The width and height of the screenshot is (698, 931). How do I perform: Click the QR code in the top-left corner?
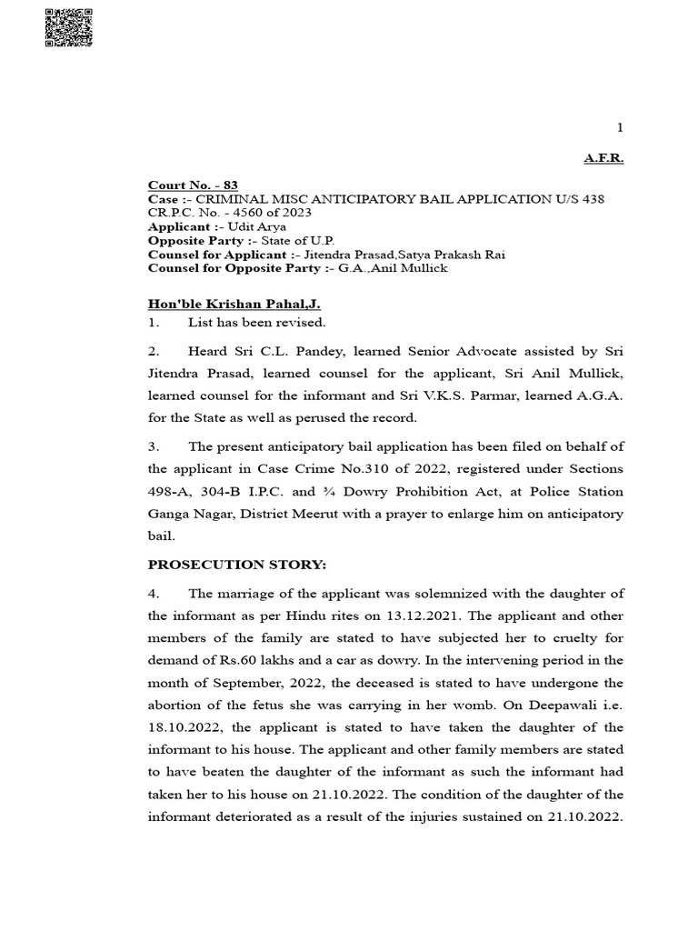click(69, 27)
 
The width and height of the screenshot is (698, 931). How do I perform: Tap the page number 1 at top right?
click(620, 128)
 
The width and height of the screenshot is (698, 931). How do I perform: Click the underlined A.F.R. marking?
click(603, 158)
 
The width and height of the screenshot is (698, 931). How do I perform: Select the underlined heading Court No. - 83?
click(193, 185)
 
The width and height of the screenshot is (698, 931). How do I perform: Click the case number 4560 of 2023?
click(268, 213)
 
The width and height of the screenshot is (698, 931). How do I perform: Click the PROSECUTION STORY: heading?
click(236, 566)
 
